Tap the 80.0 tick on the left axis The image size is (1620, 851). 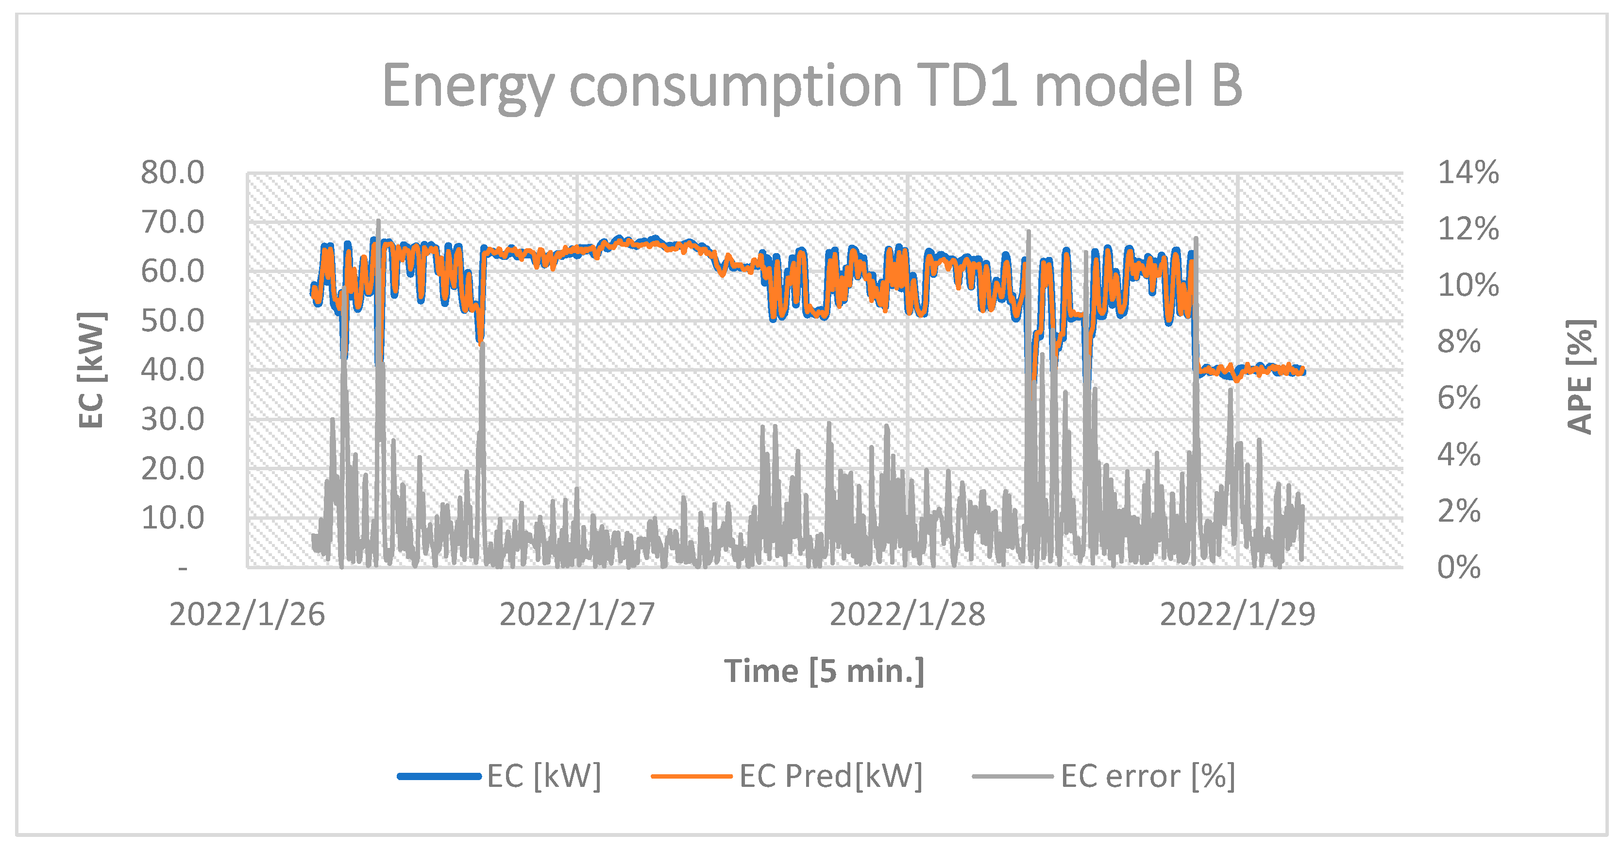[172, 172]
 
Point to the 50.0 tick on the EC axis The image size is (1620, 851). [172, 321]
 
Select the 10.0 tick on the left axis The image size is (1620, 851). [172, 518]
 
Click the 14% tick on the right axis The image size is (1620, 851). [1468, 172]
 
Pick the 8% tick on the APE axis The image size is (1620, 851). [1459, 341]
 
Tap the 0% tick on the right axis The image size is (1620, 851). [1459, 567]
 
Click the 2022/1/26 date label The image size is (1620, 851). [247, 614]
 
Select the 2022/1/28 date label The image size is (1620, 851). [908, 614]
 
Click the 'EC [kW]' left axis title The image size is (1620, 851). [92, 370]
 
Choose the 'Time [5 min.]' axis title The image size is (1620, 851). [824, 671]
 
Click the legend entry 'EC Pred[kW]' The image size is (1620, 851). [830, 776]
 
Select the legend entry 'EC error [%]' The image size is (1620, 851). [1147, 776]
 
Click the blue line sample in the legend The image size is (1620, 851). [439, 776]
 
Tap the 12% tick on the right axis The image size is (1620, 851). [1468, 229]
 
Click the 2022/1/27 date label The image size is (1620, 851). [577, 614]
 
